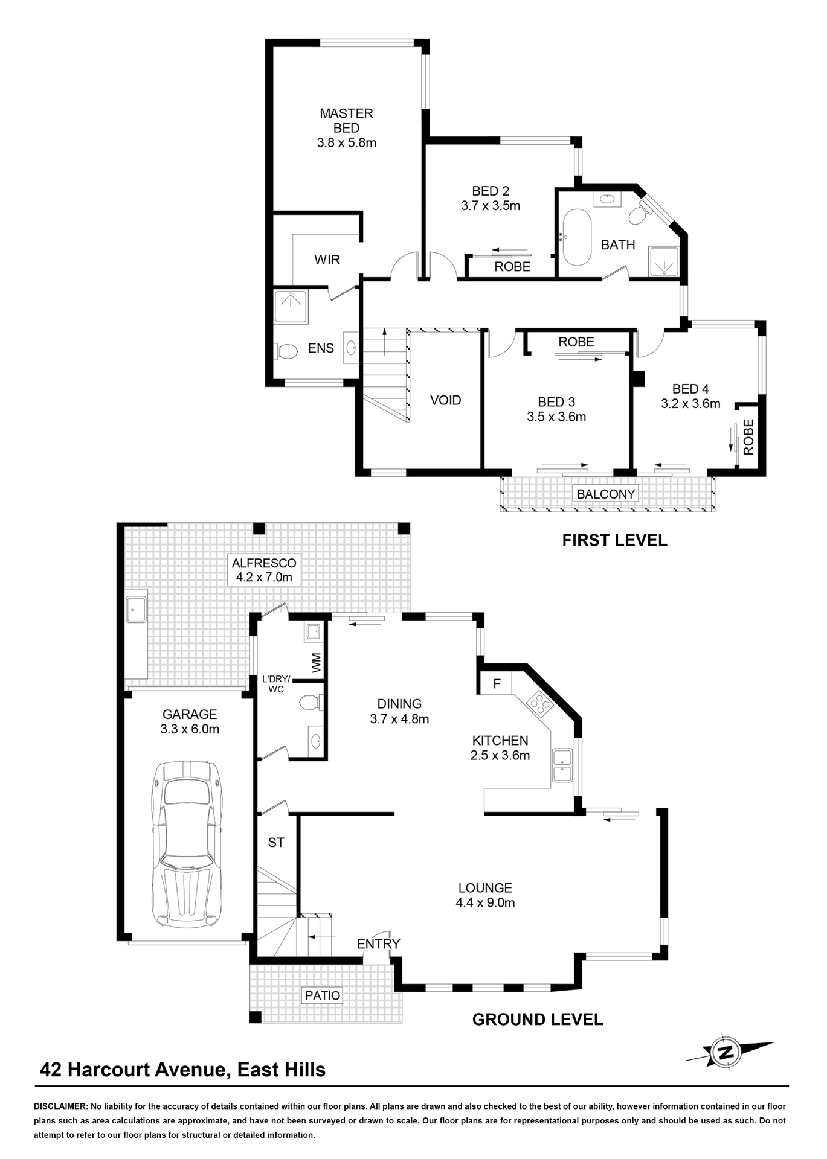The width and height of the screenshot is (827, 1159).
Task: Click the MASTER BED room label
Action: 347,128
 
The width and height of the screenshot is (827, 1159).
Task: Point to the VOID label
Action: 445,400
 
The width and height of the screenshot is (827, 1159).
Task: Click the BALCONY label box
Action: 605,494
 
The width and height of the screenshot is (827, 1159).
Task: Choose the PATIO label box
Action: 322,995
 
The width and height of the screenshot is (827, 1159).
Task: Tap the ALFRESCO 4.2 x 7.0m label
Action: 264,570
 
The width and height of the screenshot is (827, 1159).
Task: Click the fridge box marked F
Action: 497,683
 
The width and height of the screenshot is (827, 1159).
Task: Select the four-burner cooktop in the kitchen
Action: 539,703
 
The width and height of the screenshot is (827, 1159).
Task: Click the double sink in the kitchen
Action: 562,765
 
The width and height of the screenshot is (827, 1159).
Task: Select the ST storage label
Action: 276,842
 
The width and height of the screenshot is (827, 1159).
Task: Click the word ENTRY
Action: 378,943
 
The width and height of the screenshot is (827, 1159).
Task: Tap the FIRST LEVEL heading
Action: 614,540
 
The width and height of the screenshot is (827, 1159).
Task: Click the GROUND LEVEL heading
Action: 537,1020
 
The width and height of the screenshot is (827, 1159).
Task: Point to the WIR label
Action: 327,260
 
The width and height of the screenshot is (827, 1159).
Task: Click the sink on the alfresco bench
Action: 135,610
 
